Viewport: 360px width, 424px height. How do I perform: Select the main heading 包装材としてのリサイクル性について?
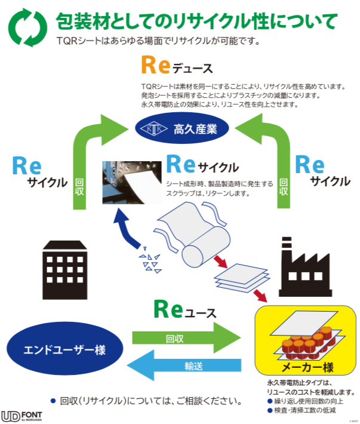pos(196,21)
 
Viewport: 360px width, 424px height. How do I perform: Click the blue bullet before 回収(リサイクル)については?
pos(53,400)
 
